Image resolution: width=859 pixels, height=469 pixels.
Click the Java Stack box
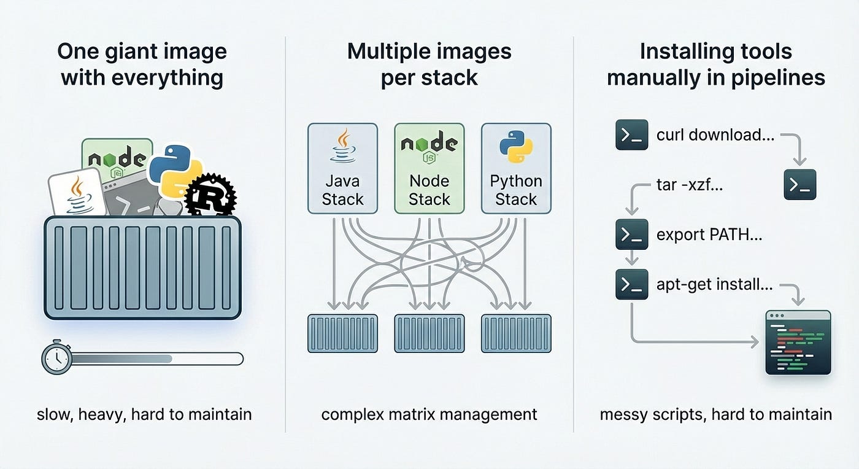click(342, 168)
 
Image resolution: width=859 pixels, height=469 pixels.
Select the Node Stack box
click(429, 168)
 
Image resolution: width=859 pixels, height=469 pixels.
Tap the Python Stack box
click(516, 168)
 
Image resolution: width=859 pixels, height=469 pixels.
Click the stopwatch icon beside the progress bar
click(56, 357)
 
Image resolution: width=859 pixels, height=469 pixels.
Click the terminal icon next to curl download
click(631, 135)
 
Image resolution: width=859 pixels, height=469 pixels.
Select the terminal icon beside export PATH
click(631, 234)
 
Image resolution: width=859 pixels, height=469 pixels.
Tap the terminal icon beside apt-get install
click(631, 284)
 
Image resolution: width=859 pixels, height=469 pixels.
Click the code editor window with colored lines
click(798, 342)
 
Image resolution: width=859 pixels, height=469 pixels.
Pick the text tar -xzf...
click(690, 184)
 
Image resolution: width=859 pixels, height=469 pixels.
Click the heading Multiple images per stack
click(429, 64)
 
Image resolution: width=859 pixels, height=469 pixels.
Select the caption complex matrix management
click(429, 414)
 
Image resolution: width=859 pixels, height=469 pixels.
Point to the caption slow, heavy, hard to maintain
click(144, 414)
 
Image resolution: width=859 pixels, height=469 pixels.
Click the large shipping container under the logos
click(142, 267)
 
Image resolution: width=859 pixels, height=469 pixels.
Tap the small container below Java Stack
click(342, 333)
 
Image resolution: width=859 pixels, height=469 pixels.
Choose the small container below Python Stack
click(516, 333)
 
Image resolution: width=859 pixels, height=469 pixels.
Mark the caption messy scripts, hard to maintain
click(715, 414)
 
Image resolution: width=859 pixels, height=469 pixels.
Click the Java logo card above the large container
click(77, 192)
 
